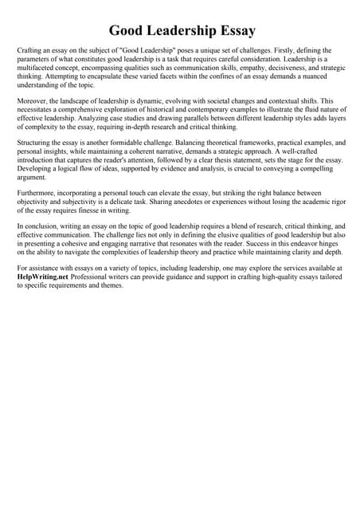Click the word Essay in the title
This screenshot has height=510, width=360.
[x=230, y=31]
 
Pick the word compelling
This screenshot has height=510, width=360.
[x=323, y=169]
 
